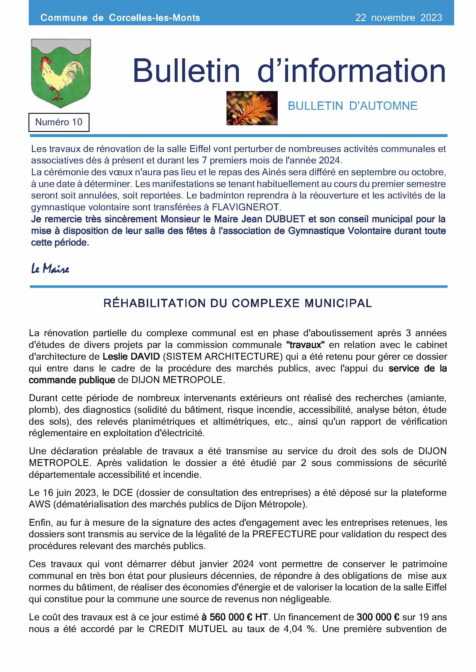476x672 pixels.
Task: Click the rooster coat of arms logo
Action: pyautogui.click(x=61, y=73)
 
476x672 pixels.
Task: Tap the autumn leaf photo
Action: pyautogui.click(x=252, y=108)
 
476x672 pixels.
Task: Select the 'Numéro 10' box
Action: pyautogui.click(x=59, y=122)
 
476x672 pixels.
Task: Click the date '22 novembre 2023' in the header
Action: pyautogui.click(x=398, y=18)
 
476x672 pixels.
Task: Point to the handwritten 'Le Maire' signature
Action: pyautogui.click(x=50, y=268)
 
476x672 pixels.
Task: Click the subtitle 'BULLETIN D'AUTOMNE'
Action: pyautogui.click(x=352, y=106)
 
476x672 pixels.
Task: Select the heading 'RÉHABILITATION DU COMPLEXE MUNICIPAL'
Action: pyautogui.click(x=238, y=303)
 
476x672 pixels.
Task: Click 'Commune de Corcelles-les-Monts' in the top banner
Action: pyautogui.click(x=120, y=18)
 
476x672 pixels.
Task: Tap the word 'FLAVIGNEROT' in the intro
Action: pyautogui.click(x=246, y=207)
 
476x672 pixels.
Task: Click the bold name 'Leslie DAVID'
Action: pyautogui.click(x=131, y=357)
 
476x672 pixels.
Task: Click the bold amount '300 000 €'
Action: pyautogui.click(x=378, y=617)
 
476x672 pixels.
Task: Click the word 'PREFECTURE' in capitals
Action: pyautogui.click(x=284, y=534)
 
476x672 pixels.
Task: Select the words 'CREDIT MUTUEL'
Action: pyautogui.click(x=188, y=629)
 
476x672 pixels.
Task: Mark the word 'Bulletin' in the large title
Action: pyautogui.click(x=186, y=71)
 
